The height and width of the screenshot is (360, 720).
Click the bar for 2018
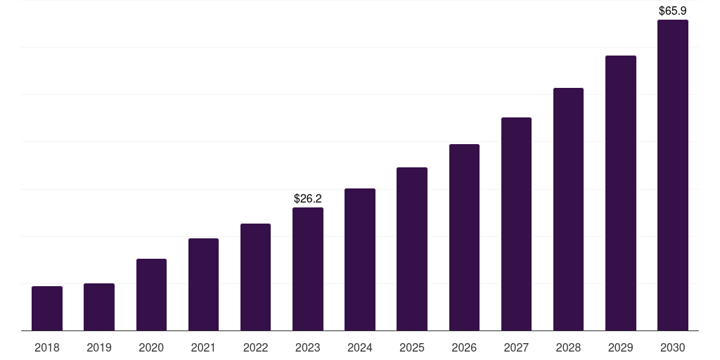pyautogui.click(x=47, y=309)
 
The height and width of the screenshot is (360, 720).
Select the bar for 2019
pyautogui.click(x=99, y=307)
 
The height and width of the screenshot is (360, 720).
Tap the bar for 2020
pyautogui.click(x=152, y=295)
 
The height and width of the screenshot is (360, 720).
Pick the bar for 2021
pyautogui.click(x=203, y=285)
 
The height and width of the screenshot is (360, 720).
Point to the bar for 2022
pyautogui.click(x=255, y=277)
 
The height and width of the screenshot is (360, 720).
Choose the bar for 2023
pyautogui.click(x=308, y=269)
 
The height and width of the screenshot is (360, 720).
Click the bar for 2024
pyautogui.click(x=360, y=259)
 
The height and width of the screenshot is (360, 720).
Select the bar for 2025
pyautogui.click(x=412, y=249)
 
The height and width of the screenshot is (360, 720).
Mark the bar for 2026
pyautogui.click(x=464, y=238)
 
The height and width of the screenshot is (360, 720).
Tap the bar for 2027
pyautogui.click(x=517, y=224)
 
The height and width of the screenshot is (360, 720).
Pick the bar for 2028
pyautogui.click(x=568, y=210)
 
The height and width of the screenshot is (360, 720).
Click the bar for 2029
pyautogui.click(x=621, y=193)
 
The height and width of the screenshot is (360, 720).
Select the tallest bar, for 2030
pyautogui.click(x=673, y=175)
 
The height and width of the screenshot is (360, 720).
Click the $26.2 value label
pyautogui.click(x=308, y=199)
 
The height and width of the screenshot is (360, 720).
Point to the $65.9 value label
pyautogui.click(x=673, y=11)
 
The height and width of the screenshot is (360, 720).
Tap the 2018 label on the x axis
pyautogui.click(x=47, y=348)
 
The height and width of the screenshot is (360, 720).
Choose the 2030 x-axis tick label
pyautogui.click(x=673, y=348)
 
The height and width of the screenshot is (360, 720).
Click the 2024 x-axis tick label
pyautogui.click(x=360, y=348)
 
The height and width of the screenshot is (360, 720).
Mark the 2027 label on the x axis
pyautogui.click(x=517, y=348)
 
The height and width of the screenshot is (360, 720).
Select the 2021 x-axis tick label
pyautogui.click(x=203, y=348)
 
